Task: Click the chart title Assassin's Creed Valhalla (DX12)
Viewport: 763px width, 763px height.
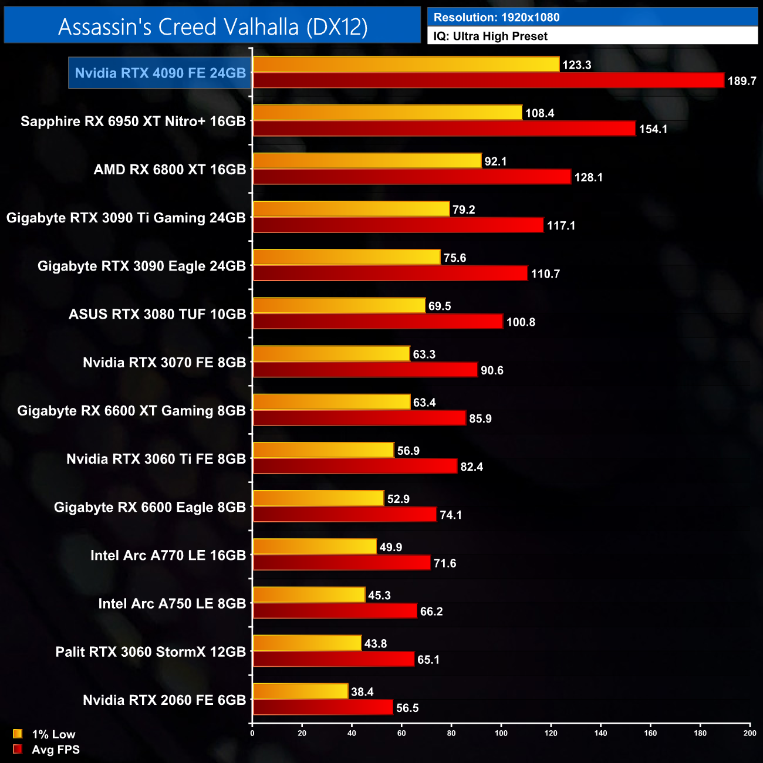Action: pyautogui.click(x=212, y=26)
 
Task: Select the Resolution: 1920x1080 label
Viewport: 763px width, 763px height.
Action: pyautogui.click(x=496, y=17)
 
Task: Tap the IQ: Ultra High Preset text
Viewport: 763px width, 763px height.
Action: pyautogui.click(x=490, y=36)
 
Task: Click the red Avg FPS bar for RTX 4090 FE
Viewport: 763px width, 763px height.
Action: pyautogui.click(x=488, y=80)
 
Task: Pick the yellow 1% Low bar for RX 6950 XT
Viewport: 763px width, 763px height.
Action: pyautogui.click(x=387, y=113)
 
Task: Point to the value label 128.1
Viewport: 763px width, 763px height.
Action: pyautogui.click(x=588, y=177)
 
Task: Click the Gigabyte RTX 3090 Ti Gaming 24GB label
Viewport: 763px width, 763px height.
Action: pyautogui.click(x=126, y=218)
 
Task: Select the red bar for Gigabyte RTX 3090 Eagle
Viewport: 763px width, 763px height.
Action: pyautogui.click(x=390, y=274)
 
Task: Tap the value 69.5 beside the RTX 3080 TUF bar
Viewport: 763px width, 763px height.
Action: pyautogui.click(x=440, y=306)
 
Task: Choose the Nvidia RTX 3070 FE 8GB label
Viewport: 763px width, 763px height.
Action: pyautogui.click(x=164, y=362)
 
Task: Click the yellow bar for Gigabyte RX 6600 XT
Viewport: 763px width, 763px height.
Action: pyautogui.click(x=332, y=402)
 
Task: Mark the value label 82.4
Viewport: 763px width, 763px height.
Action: pyautogui.click(x=471, y=467)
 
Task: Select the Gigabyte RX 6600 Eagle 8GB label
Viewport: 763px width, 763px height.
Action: pyautogui.click(x=150, y=507)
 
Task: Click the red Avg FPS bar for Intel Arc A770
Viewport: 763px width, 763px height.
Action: pyautogui.click(x=342, y=563)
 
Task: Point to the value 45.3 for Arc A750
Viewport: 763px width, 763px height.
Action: pyautogui.click(x=379, y=595)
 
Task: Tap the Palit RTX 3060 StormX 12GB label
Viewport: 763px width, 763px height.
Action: pyautogui.click(x=150, y=651)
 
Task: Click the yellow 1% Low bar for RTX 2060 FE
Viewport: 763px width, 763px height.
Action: pyautogui.click(x=301, y=691)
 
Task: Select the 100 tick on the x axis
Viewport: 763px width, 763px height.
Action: pyautogui.click(x=501, y=733)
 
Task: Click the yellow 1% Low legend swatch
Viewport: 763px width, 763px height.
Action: pyautogui.click(x=18, y=734)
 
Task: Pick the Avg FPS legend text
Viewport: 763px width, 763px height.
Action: pyautogui.click(x=56, y=750)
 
